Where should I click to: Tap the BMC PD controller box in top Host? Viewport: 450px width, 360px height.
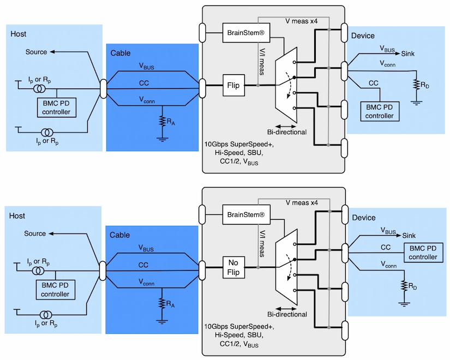(57, 107)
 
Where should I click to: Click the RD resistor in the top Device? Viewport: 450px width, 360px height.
(417, 86)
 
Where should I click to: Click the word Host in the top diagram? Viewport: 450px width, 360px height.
(19, 34)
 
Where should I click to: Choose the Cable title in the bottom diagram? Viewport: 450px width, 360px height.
(120, 235)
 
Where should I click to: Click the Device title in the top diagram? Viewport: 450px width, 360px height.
(363, 36)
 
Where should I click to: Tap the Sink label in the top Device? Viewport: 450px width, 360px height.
(408, 53)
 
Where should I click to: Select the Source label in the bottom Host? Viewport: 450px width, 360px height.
(35, 233)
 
